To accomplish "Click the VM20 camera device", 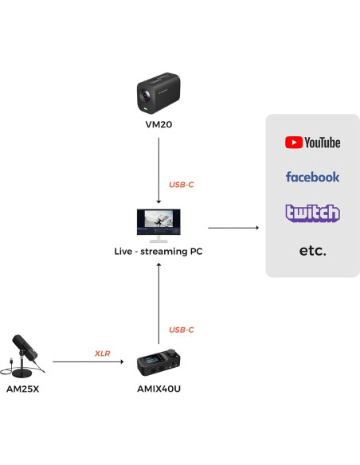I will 159,93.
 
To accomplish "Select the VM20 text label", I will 159,125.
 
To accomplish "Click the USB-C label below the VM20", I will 181,185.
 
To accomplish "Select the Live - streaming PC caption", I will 159,252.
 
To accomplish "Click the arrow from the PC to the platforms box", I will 233,229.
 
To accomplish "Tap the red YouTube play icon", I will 293,143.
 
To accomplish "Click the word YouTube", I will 322,143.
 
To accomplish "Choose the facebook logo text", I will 312,177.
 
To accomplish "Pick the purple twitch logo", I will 312,213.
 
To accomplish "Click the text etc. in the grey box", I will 312,250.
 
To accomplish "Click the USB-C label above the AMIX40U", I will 181,330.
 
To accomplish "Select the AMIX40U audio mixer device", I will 159,363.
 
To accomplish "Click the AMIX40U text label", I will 159,392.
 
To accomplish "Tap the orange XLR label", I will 102,352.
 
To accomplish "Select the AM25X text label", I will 23,392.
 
